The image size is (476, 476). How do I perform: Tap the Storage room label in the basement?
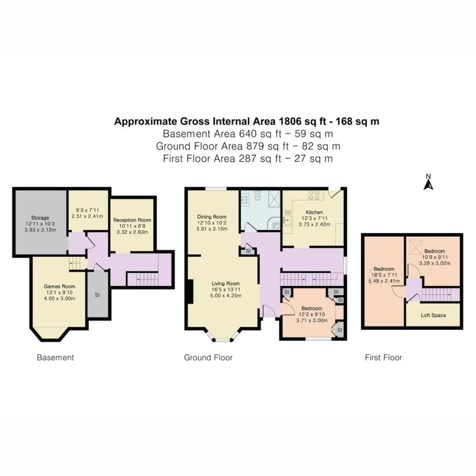(x=40, y=218)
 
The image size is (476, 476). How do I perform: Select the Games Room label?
(x=59, y=286)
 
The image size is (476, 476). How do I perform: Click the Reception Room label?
(x=132, y=220)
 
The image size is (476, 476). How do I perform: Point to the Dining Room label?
(x=212, y=217)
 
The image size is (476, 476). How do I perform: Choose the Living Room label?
(x=225, y=284)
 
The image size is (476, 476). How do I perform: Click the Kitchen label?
(x=314, y=212)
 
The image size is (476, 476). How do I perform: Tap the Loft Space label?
(x=433, y=316)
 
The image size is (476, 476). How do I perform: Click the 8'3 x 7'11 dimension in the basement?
(x=87, y=210)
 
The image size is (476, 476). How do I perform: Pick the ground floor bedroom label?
(x=312, y=309)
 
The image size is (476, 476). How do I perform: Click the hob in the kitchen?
(x=314, y=195)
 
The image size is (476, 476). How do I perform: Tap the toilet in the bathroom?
(x=258, y=196)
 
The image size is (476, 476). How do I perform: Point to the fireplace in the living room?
(x=190, y=291)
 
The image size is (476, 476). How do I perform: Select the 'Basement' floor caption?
(x=55, y=357)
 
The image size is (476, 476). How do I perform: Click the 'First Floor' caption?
(x=383, y=357)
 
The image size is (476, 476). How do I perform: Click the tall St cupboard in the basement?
(x=98, y=294)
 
